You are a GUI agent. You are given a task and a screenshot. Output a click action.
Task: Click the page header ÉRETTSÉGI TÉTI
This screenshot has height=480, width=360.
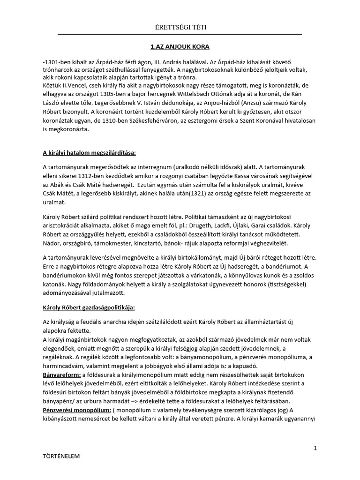pos(180,28)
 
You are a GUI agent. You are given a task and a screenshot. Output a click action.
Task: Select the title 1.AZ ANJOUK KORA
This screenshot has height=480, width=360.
pos(180,47)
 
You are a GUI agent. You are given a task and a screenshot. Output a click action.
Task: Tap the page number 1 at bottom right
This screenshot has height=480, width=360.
pos(316,448)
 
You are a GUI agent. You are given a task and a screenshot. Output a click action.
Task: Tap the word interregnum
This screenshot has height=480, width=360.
pos(150,167)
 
